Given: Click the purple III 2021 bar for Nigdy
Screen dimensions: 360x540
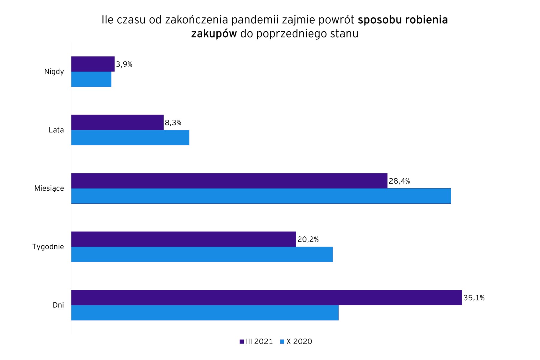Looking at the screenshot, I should pyautogui.click(x=93, y=64).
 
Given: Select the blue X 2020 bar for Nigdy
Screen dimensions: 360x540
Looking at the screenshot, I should pyautogui.click(x=91, y=79).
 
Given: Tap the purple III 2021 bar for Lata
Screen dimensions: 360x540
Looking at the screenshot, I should pyautogui.click(x=117, y=122).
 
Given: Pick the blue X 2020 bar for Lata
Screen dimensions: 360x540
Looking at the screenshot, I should pyautogui.click(x=130, y=138).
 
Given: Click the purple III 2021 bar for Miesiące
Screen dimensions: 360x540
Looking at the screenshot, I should pyautogui.click(x=229, y=181).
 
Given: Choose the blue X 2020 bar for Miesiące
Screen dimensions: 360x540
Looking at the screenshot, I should pyautogui.click(x=261, y=196).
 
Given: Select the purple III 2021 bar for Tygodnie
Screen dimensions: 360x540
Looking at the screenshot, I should pyautogui.click(x=183, y=239).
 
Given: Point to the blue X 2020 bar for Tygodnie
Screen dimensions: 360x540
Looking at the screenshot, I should pyautogui.click(x=202, y=254).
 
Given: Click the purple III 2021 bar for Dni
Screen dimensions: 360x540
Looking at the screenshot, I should pyautogui.click(x=267, y=298).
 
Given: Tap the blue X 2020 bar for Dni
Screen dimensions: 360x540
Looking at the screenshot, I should pyautogui.click(x=205, y=313).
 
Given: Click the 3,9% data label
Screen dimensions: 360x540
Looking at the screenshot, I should pyautogui.click(x=124, y=64).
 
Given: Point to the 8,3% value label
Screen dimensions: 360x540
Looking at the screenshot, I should pyautogui.click(x=173, y=123).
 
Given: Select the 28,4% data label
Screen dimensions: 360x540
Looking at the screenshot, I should pyautogui.click(x=399, y=181).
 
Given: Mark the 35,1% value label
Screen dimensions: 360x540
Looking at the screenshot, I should pyautogui.click(x=474, y=298).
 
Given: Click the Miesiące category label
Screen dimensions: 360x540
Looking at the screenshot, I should pyautogui.click(x=49, y=188).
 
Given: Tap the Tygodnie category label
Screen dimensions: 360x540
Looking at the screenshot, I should pyautogui.click(x=48, y=247).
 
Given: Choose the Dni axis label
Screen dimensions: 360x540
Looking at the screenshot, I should pyautogui.click(x=58, y=305).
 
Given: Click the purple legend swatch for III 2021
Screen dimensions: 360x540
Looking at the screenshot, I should pyautogui.click(x=242, y=342).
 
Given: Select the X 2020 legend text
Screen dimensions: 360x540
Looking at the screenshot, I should pyautogui.click(x=299, y=342).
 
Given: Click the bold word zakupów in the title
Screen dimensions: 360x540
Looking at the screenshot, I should pyautogui.click(x=214, y=34).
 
